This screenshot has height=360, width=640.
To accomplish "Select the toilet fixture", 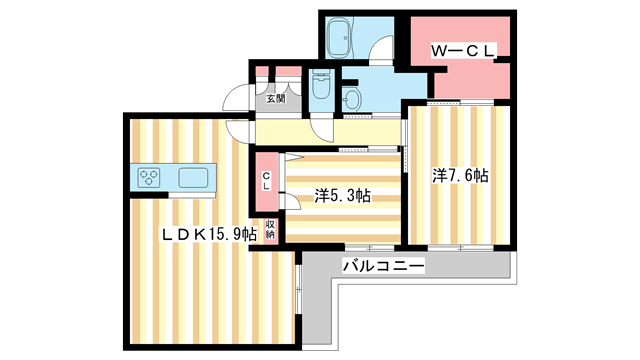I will tap(320, 87).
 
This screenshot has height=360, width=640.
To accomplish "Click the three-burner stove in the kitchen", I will tap(151, 178).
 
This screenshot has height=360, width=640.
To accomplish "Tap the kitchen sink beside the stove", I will tap(193, 178).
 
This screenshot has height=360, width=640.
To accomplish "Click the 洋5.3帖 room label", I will tap(343, 196).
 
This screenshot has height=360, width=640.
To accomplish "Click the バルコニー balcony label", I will tap(383, 266).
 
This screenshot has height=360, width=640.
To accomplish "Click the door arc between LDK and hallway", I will tap(239, 131).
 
